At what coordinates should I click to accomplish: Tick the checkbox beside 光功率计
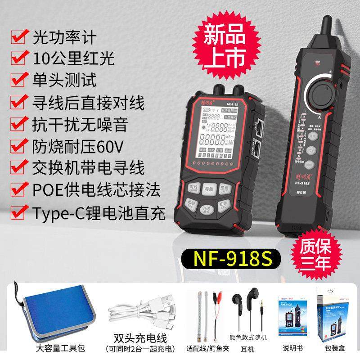point(18,37)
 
